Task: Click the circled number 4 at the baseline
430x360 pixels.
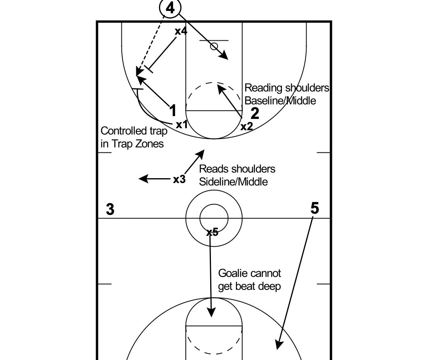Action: [170, 8]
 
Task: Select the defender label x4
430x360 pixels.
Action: [181, 31]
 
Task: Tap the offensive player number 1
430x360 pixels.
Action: [173, 110]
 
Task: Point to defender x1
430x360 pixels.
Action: [182, 125]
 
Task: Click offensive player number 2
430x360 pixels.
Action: [255, 113]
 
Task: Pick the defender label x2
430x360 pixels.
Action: [246, 126]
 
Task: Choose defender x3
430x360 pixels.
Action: [180, 179]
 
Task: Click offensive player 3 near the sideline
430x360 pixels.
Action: [110, 209]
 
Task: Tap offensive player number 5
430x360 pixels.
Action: [315, 208]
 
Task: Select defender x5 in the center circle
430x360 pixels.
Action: [212, 232]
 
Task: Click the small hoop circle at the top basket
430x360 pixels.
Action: [214, 46]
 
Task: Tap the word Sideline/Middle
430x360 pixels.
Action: [234, 182]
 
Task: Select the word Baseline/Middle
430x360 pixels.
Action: [280, 100]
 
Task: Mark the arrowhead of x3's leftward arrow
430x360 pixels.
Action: [143, 179]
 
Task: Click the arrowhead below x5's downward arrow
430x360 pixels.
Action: [211, 312]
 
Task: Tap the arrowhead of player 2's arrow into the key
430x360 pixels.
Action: [221, 89]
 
